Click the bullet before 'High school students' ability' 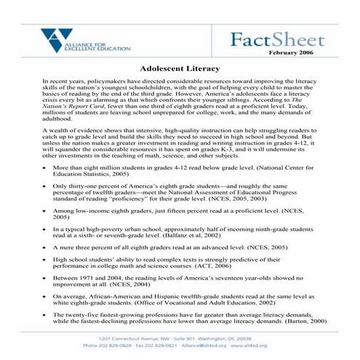[46, 260]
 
